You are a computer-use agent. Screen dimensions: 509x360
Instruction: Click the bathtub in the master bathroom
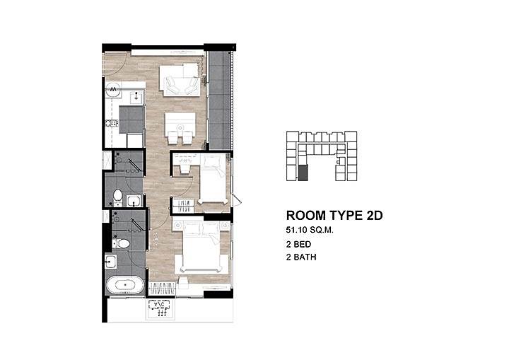coord(125,285)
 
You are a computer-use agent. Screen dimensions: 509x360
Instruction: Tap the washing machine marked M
coord(113,88)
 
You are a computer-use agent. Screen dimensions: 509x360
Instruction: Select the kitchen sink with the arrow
coord(136,96)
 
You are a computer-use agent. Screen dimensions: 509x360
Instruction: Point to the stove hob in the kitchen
coord(112,124)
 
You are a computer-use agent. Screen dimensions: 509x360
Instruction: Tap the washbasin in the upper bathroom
coord(134,201)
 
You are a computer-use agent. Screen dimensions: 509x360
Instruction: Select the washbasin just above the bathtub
coord(111,261)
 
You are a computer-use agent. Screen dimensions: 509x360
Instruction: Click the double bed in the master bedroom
coord(201,247)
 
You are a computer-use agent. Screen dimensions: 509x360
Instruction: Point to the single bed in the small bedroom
coord(213,180)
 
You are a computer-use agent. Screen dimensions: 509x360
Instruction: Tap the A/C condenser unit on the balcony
coord(159,308)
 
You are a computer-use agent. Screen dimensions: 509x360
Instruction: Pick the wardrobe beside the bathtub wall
coord(163,289)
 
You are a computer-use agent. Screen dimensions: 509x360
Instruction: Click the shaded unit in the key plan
coord(303,173)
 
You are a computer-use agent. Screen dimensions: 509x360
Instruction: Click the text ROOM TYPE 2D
coord(334,216)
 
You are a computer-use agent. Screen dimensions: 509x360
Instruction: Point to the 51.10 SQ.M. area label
coord(310,230)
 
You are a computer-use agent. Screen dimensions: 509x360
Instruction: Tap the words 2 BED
coord(298,244)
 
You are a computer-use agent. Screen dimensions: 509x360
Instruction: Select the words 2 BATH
coord(301,257)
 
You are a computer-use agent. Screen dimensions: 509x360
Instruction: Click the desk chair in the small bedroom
coord(185,169)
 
